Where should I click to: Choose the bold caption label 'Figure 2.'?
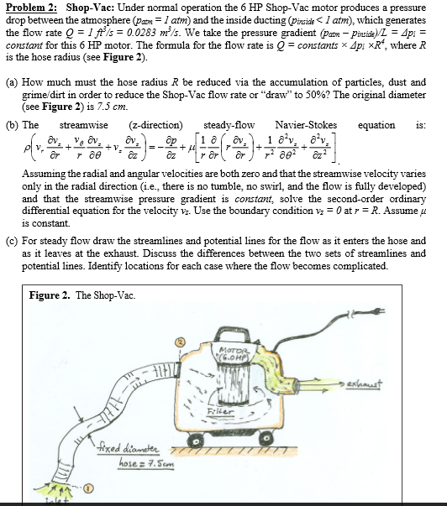[49, 295]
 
